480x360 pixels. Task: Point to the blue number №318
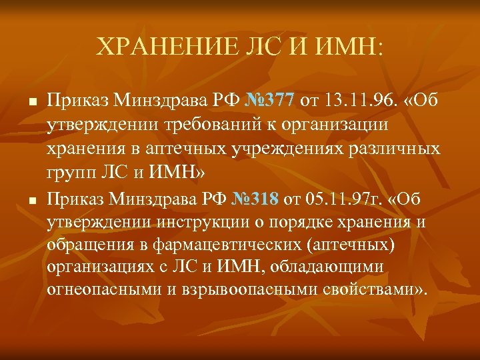256,198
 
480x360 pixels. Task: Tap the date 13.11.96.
357,101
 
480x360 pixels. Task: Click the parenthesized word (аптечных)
353,245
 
